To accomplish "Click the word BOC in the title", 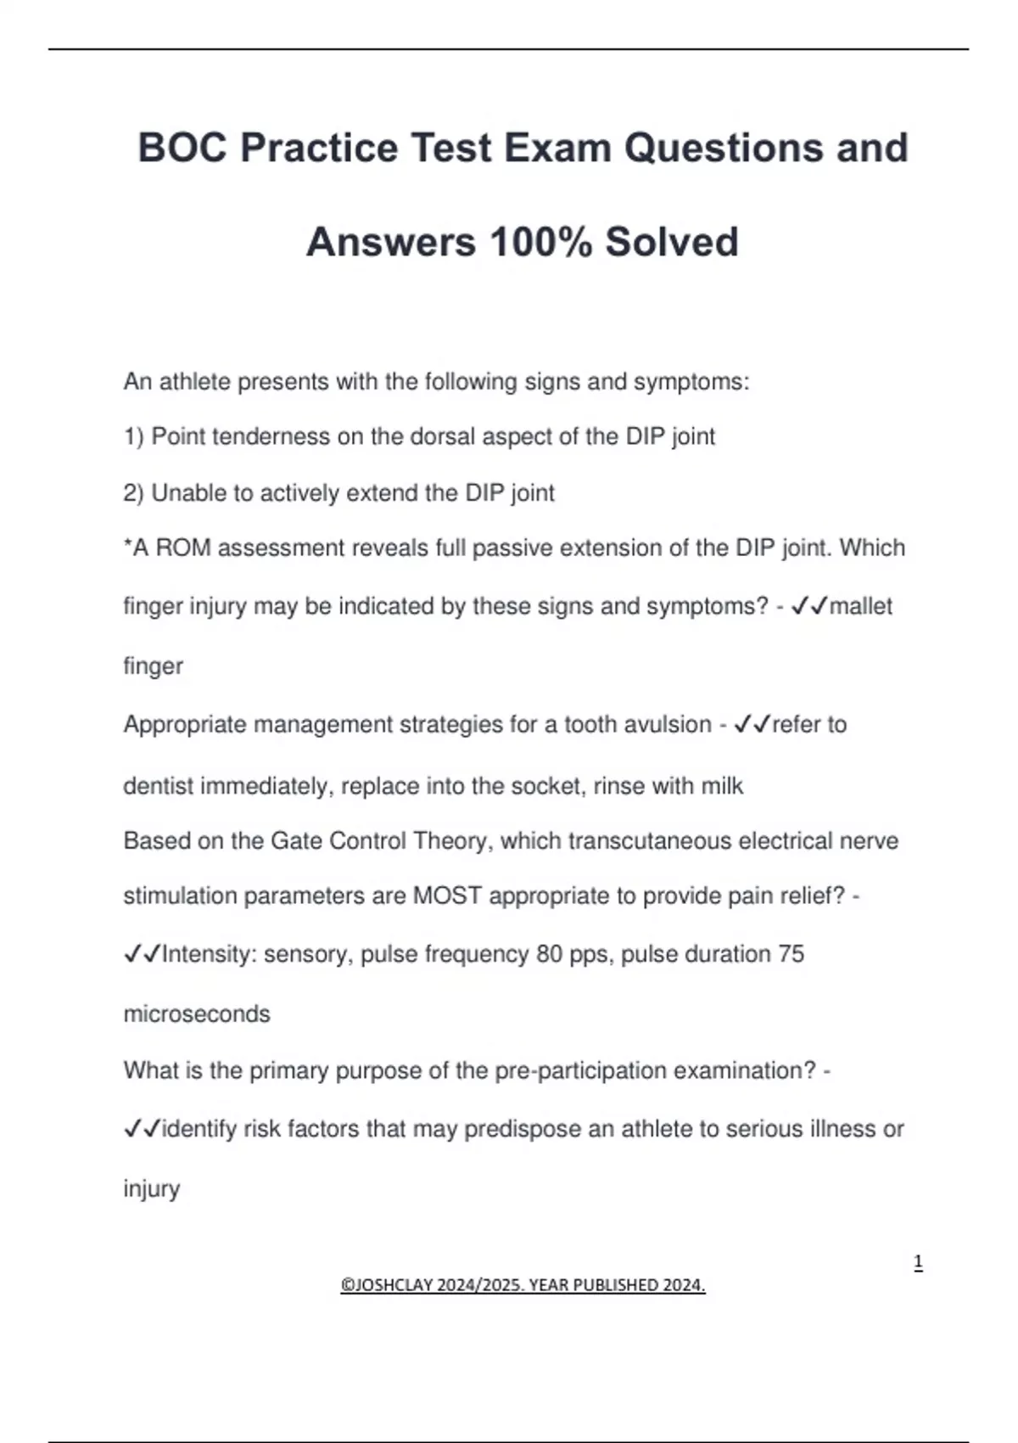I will (182, 148).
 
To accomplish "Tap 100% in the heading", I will (540, 242).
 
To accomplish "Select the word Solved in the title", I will (671, 242).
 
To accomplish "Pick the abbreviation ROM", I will (183, 547).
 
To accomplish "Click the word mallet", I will (860, 606).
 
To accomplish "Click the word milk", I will (722, 786).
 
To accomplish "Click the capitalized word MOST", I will (447, 896).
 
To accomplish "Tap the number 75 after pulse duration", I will (791, 954).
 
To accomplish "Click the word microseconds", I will (197, 1013).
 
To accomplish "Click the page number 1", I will (918, 1262).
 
